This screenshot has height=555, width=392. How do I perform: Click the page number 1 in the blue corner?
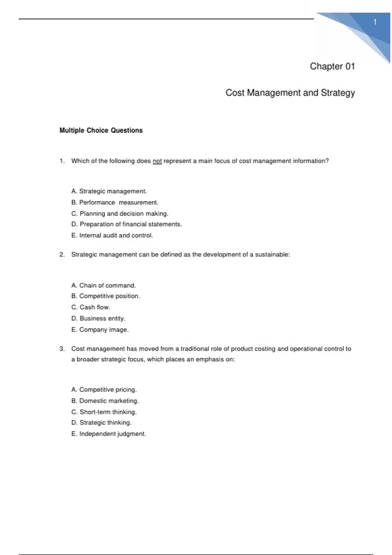pyautogui.click(x=375, y=22)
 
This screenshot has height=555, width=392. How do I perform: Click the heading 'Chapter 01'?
pyautogui.click(x=332, y=66)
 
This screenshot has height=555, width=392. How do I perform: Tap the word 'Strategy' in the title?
pyautogui.click(x=338, y=93)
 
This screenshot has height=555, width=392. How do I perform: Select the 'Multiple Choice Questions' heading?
pyautogui.click(x=101, y=130)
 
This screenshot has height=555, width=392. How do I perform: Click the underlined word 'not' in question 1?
pyautogui.click(x=157, y=161)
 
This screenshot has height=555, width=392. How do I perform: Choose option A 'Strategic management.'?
pyautogui.click(x=109, y=191)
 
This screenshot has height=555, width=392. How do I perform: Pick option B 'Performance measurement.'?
pyautogui.click(x=115, y=202)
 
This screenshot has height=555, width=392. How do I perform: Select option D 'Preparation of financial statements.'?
pyautogui.click(x=127, y=224)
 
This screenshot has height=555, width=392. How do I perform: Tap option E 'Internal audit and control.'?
pyautogui.click(x=112, y=235)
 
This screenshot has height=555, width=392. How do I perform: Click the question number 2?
pyautogui.click(x=62, y=255)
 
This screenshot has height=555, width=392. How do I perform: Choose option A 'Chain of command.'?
pyautogui.click(x=104, y=285)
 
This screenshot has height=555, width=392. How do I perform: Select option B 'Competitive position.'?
pyautogui.click(x=106, y=296)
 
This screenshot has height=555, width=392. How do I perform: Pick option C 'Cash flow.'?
pyautogui.click(x=91, y=307)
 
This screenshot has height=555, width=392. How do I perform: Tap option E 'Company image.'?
pyautogui.click(x=100, y=330)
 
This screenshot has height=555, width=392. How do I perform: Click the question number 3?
pyautogui.click(x=62, y=349)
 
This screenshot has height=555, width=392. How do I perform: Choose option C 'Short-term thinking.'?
pyautogui.click(x=104, y=412)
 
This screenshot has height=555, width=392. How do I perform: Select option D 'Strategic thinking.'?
pyautogui.click(x=101, y=423)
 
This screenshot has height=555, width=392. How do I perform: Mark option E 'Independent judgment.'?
pyautogui.click(x=108, y=434)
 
